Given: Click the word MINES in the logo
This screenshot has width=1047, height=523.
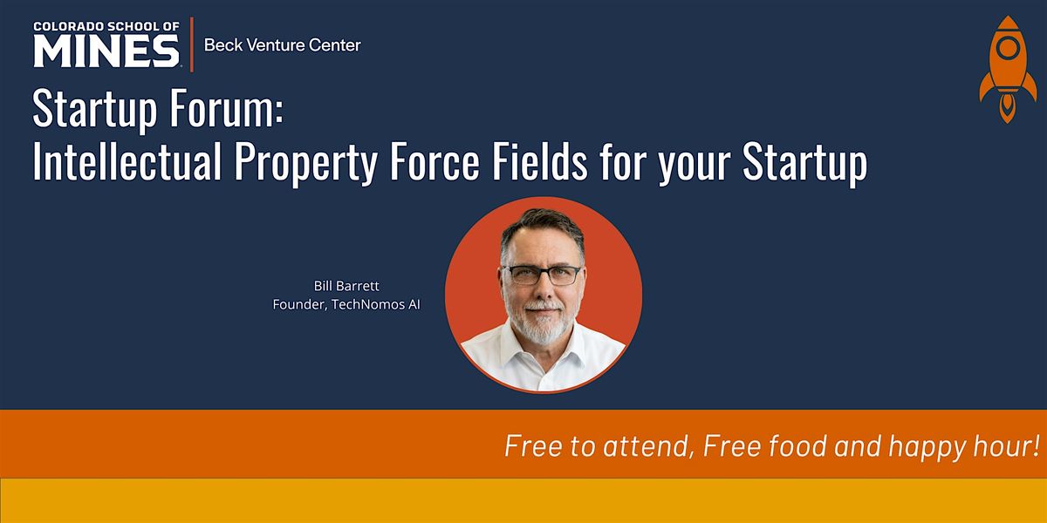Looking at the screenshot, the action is coord(106,51).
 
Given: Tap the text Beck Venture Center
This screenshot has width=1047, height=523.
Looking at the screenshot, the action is coord(283,45).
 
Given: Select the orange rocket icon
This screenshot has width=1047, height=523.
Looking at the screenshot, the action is coord(1008,70).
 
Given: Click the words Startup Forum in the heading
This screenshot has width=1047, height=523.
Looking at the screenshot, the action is coord(158,108).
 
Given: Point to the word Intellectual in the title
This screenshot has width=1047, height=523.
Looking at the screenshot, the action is coord(127,161).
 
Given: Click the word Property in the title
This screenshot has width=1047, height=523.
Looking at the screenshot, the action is coord(305,164).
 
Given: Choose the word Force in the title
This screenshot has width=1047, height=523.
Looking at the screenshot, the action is coord(435,161).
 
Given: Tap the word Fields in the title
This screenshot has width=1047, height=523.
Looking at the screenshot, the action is coord(540,161).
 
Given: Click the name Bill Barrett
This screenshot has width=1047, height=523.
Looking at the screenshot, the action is coord(346,286).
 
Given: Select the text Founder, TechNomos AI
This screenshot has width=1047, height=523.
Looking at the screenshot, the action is coord(346,304).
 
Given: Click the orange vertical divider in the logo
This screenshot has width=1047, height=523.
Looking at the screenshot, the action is coord(192,44).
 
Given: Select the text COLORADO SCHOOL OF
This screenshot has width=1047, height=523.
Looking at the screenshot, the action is coord(106,27).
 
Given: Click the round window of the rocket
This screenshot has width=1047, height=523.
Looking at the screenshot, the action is coord(1008,47).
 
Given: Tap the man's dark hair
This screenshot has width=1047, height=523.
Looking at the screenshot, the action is coord(542,227).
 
